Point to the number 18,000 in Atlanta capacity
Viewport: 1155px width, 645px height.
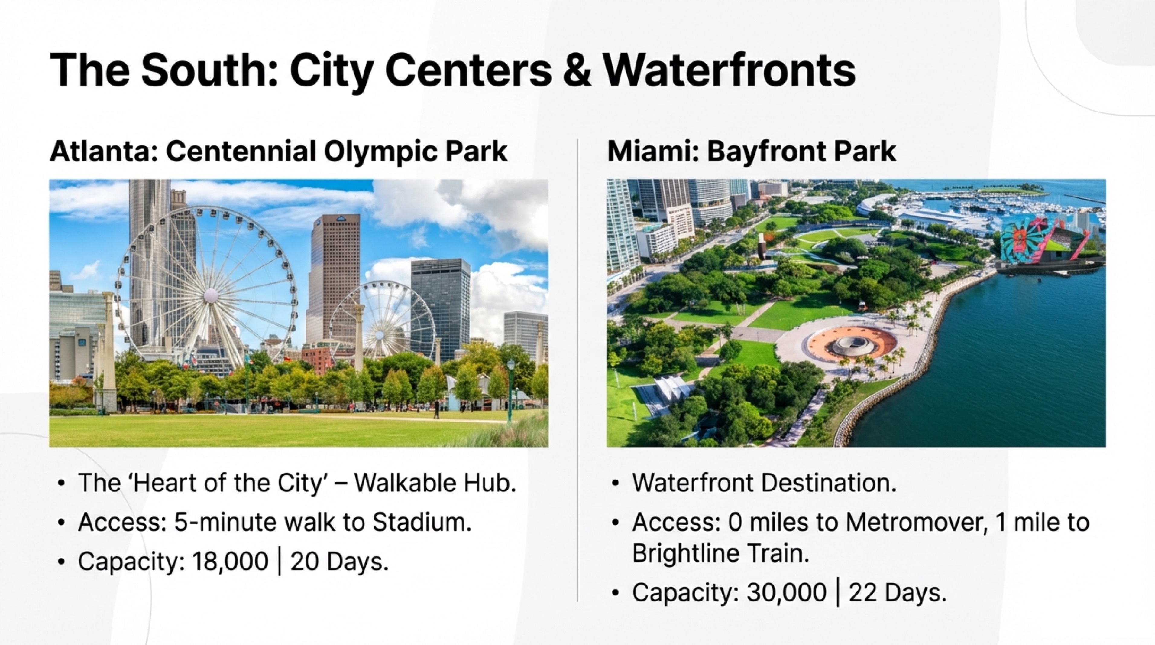pos(230,561)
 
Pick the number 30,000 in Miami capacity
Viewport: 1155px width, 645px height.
pos(786,592)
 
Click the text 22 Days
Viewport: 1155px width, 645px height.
pos(897,592)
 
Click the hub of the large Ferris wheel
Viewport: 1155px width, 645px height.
pos(210,295)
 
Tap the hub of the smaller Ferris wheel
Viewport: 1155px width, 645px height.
pos(380,334)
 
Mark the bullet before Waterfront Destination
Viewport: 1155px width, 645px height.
pos(615,484)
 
